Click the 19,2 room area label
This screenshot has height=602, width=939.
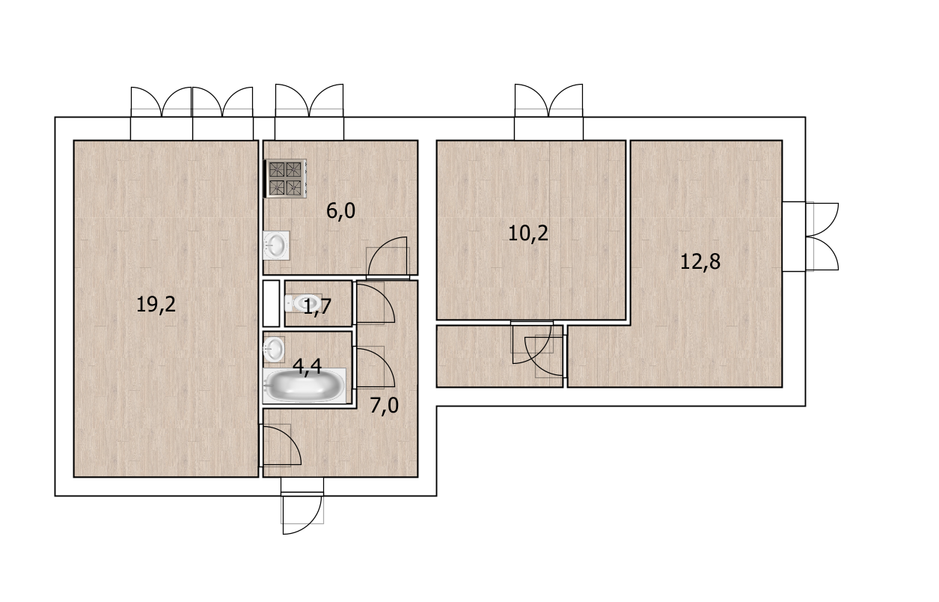[x=156, y=305]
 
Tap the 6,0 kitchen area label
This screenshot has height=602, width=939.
[x=340, y=210]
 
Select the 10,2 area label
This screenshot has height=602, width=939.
[x=527, y=234]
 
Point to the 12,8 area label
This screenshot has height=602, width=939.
[x=700, y=262]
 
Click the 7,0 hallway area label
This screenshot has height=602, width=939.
[x=384, y=406]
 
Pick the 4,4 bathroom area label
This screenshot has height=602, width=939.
[x=307, y=367]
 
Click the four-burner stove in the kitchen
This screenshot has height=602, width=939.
[x=285, y=178]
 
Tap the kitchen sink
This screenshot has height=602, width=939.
[x=276, y=246]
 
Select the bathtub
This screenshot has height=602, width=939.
[x=305, y=386]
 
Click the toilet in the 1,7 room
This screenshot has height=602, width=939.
[x=303, y=303]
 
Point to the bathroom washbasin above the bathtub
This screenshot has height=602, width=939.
[x=274, y=349]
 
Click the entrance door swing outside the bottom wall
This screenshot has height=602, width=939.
[x=302, y=514]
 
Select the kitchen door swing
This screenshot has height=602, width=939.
[x=388, y=258]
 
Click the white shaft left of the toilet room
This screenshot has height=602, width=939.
[x=271, y=303]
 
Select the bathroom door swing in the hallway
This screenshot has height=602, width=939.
[x=375, y=367]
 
